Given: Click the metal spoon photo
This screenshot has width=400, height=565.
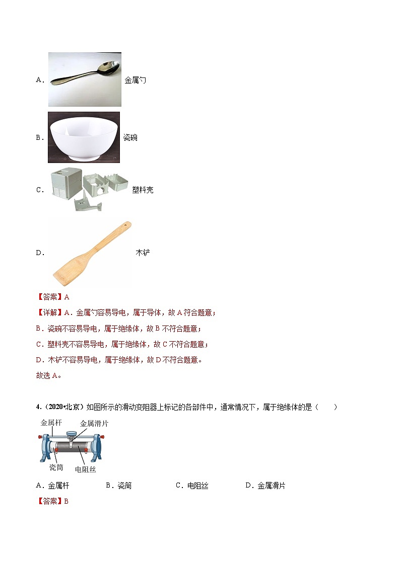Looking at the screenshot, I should click(85, 79).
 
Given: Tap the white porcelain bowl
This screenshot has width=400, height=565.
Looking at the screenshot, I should click(84, 137).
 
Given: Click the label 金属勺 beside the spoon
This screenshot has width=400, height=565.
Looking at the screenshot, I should click(135, 80).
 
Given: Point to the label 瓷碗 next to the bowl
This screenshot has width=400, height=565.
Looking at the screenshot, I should click(130, 137).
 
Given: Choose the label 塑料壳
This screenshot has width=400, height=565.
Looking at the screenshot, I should click(143, 190).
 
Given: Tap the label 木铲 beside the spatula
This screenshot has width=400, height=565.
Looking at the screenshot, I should click(143, 253).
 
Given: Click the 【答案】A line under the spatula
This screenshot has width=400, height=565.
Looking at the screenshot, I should click(53, 297).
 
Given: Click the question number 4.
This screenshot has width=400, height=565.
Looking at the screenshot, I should click(38, 407).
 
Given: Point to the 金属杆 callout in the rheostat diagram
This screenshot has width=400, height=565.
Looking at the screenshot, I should click(51, 424).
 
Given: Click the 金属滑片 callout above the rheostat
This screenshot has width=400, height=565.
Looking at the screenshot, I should click(94, 424).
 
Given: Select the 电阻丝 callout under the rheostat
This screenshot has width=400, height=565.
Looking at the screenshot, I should click(85, 469).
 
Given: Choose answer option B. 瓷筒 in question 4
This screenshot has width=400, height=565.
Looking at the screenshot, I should click(118, 486).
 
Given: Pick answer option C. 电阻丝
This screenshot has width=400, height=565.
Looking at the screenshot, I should click(191, 486).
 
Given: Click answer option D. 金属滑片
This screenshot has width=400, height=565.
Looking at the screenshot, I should click(265, 486).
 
